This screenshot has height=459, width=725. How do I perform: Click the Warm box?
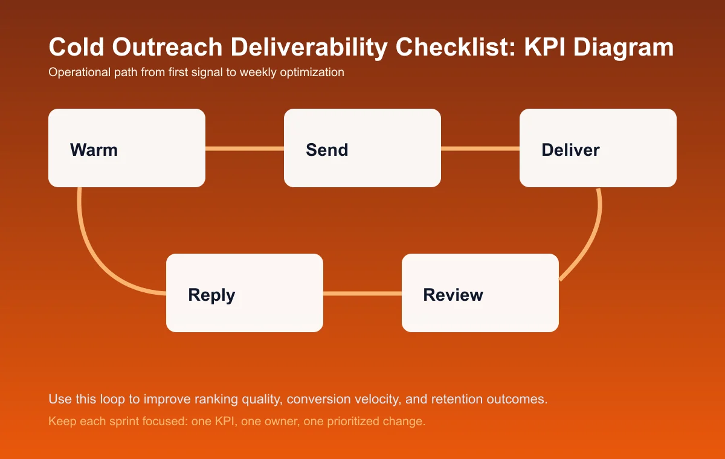pyautogui.click(x=127, y=148)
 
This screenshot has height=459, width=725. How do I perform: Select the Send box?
pyautogui.click(x=362, y=148)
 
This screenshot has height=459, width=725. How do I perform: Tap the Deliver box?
pyautogui.click(x=598, y=148)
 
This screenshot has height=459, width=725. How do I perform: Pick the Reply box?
pyautogui.click(x=245, y=293)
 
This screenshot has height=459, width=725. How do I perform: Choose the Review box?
pyautogui.click(x=480, y=293)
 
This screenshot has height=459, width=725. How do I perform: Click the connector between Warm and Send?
pyautogui.click(x=245, y=148)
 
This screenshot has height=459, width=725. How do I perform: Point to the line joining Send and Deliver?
pyautogui.click(x=480, y=148)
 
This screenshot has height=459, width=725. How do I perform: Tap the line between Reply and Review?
pyautogui.click(x=362, y=294)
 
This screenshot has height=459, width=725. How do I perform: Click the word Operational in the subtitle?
pyautogui.click(x=77, y=72)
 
